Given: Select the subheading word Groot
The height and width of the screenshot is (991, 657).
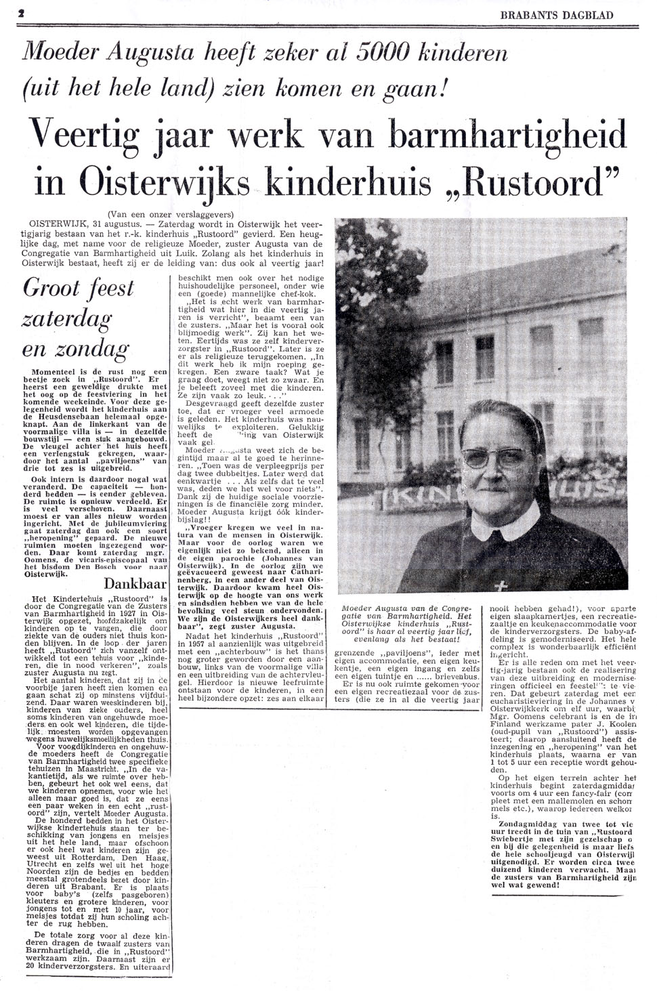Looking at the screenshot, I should (x=51, y=288).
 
